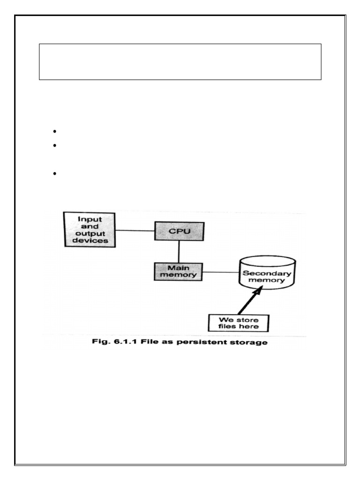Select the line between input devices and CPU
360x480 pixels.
point(135,230)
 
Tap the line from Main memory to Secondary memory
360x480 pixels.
point(220,272)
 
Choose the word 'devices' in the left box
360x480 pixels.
point(90,241)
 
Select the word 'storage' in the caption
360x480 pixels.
point(250,343)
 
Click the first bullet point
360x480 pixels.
point(55,131)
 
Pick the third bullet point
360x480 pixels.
point(55,174)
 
